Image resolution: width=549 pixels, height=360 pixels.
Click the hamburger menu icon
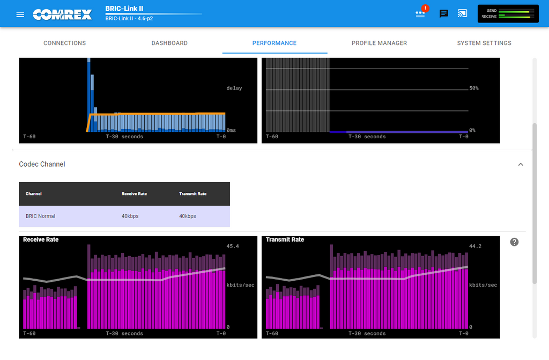[x=20, y=14]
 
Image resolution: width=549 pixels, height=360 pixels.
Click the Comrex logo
[x=62, y=14]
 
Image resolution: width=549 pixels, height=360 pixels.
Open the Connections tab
[x=64, y=43]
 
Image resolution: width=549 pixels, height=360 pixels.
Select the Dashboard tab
[x=169, y=43]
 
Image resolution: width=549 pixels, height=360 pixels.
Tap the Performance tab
[x=274, y=43]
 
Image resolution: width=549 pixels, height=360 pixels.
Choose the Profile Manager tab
[x=379, y=43]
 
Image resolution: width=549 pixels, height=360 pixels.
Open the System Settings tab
[x=484, y=43]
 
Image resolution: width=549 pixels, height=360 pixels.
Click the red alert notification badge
[x=425, y=9]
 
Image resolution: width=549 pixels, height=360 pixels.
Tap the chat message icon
[x=443, y=13]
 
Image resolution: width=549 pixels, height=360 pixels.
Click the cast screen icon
[x=462, y=13]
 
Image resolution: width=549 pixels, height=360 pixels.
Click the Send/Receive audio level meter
[x=508, y=13]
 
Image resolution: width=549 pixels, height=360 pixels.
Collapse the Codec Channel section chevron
[x=521, y=164]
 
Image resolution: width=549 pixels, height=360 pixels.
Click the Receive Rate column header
[x=134, y=194]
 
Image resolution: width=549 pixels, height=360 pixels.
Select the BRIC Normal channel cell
[x=40, y=216]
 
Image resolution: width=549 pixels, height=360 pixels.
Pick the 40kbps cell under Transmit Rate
[x=188, y=216]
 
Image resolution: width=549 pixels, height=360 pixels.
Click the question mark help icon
[x=514, y=242]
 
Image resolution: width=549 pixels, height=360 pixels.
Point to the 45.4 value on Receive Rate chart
[x=233, y=246]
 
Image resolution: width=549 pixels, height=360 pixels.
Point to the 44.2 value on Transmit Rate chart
[x=475, y=246]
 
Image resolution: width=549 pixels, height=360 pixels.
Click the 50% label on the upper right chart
[x=474, y=88]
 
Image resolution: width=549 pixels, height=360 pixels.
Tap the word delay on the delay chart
[x=234, y=88]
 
